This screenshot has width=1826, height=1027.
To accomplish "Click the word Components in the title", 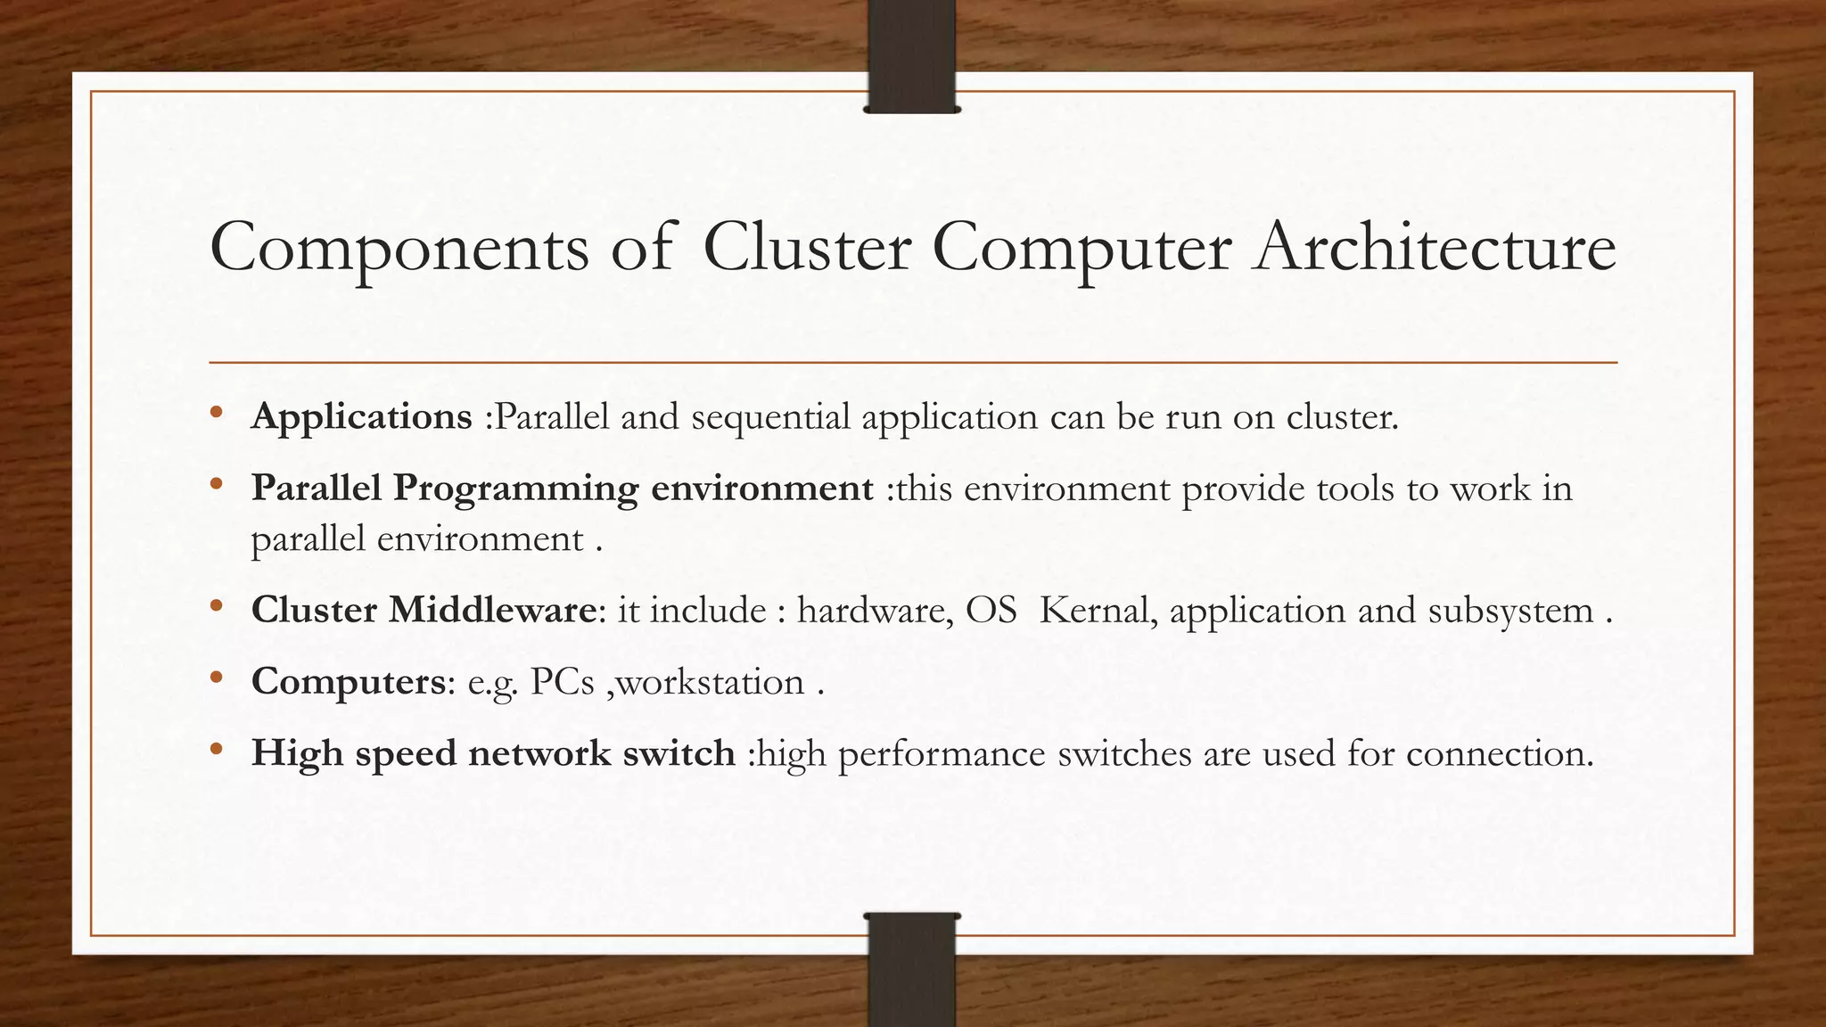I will click(399, 249).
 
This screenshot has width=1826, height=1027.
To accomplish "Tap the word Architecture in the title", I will click(1435, 247).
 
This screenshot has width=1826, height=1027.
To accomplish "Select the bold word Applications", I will click(361, 417).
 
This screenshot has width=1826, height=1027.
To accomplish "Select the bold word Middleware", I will click(492, 611).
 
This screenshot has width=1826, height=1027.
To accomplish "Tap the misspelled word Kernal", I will click(1094, 611).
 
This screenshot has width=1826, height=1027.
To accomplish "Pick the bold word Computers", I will click(348, 682).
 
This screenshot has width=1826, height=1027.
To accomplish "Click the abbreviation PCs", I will click(562, 682).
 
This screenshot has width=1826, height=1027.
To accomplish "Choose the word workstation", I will click(710, 682).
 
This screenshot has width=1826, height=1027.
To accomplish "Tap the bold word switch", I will click(679, 753).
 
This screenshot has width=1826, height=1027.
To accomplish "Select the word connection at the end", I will click(1499, 754).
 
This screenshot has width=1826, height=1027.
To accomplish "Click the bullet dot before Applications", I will click(216, 413).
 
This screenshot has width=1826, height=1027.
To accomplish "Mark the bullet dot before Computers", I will click(216, 678).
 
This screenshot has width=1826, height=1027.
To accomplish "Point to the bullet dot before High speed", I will click(216, 750).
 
